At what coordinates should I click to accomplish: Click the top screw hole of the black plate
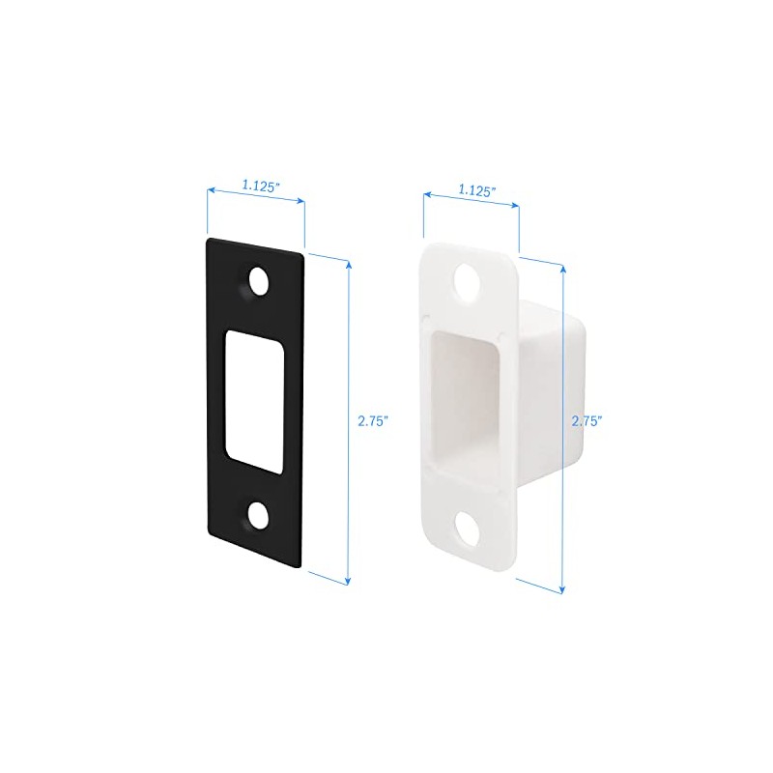[x=257, y=281]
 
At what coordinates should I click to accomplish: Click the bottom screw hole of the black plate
[x=257, y=515]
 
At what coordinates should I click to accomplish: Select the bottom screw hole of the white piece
[x=471, y=527]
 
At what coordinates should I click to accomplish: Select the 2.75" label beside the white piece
[x=587, y=421]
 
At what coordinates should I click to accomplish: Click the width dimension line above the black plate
[x=257, y=196]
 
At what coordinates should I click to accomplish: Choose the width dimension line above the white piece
[x=472, y=204]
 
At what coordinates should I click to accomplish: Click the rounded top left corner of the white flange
[x=427, y=249]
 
